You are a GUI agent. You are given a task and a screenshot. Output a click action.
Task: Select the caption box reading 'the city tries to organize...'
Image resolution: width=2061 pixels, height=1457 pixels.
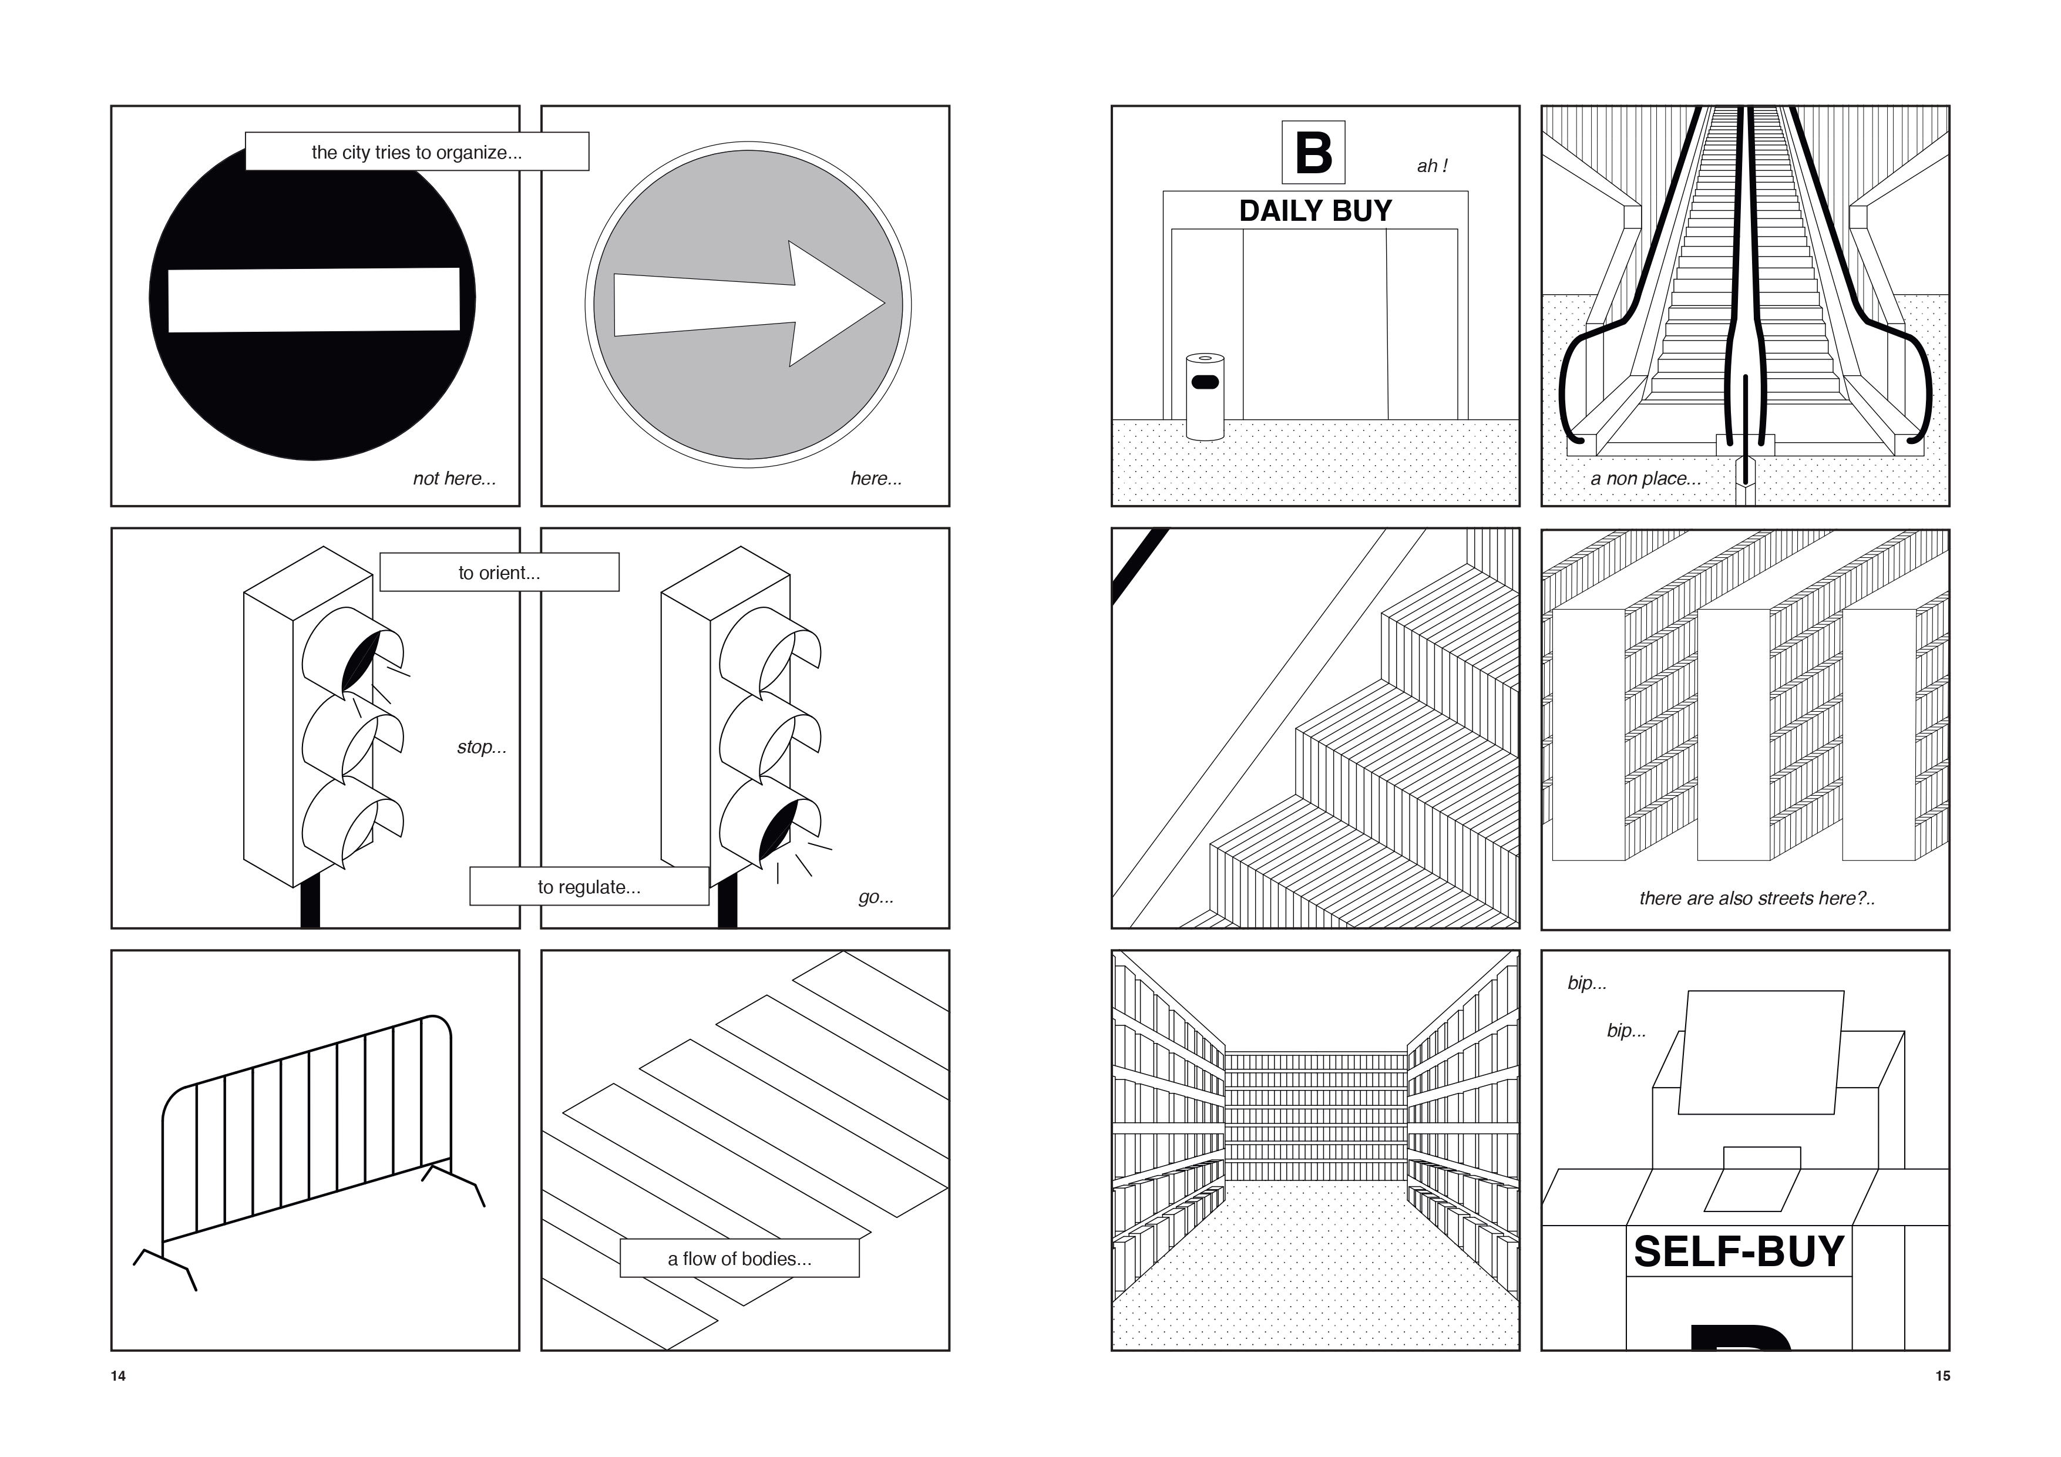coord(416,152)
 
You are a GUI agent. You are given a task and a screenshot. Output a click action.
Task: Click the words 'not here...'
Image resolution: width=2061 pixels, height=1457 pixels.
coord(454,479)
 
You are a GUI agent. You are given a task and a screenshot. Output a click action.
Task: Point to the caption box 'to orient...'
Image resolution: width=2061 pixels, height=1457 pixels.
coord(499,573)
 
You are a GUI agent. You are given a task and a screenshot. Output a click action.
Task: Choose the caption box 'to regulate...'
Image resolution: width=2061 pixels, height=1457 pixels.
coord(589,887)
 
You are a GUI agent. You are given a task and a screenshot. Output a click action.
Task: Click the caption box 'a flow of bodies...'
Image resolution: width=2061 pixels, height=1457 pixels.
coord(739,1259)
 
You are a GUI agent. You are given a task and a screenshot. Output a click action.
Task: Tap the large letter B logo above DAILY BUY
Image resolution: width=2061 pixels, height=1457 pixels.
coord(1313,153)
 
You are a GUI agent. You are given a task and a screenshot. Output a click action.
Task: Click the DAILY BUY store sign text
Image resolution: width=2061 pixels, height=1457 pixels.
coord(1315,211)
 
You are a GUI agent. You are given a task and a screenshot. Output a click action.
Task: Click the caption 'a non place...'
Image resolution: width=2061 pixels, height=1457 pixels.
coord(1645,479)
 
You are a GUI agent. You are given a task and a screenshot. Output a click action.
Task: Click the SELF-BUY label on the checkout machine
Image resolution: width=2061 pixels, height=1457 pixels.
coord(1739,1251)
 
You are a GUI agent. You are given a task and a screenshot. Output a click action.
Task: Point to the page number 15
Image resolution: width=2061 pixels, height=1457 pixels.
coord(1942,1376)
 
